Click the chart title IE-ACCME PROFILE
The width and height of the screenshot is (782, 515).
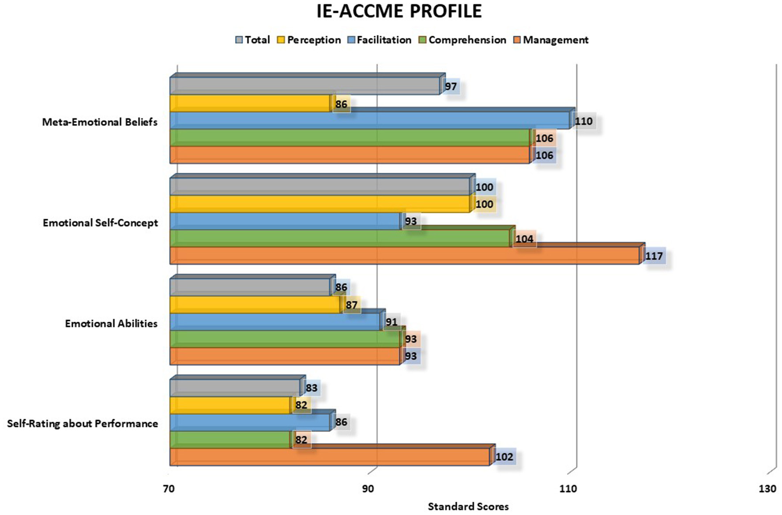pyautogui.click(x=399, y=11)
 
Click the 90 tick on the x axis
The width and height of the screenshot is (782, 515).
pyautogui.click(x=368, y=489)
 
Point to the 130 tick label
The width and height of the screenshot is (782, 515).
pyautogui.click(x=767, y=489)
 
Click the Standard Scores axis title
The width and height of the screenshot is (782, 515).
pyautogui.click(x=468, y=507)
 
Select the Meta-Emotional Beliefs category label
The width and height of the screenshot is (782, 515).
pyautogui.click(x=100, y=122)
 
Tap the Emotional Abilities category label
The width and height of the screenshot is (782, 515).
pyautogui.click(x=111, y=323)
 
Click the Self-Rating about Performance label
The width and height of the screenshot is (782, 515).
pyautogui.click(x=83, y=424)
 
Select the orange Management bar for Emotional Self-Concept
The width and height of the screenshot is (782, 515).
pyautogui.click(x=404, y=256)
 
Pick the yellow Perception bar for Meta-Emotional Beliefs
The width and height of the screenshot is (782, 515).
pyautogui.click(x=250, y=104)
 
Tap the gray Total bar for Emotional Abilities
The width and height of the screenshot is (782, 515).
pyautogui.click(x=250, y=288)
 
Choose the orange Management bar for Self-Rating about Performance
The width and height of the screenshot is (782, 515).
pyautogui.click(x=329, y=457)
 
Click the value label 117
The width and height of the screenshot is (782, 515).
pyautogui.click(x=654, y=256)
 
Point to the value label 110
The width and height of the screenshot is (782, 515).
pyautogui.click(x=583, y=121)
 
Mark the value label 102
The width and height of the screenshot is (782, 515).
pyautogui.click(x=504, y=457)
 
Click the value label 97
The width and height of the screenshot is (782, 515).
pyautogui.click(x=451, y=86)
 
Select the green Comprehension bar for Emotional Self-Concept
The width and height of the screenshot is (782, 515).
pyautogui.click(x=340, y=239)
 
